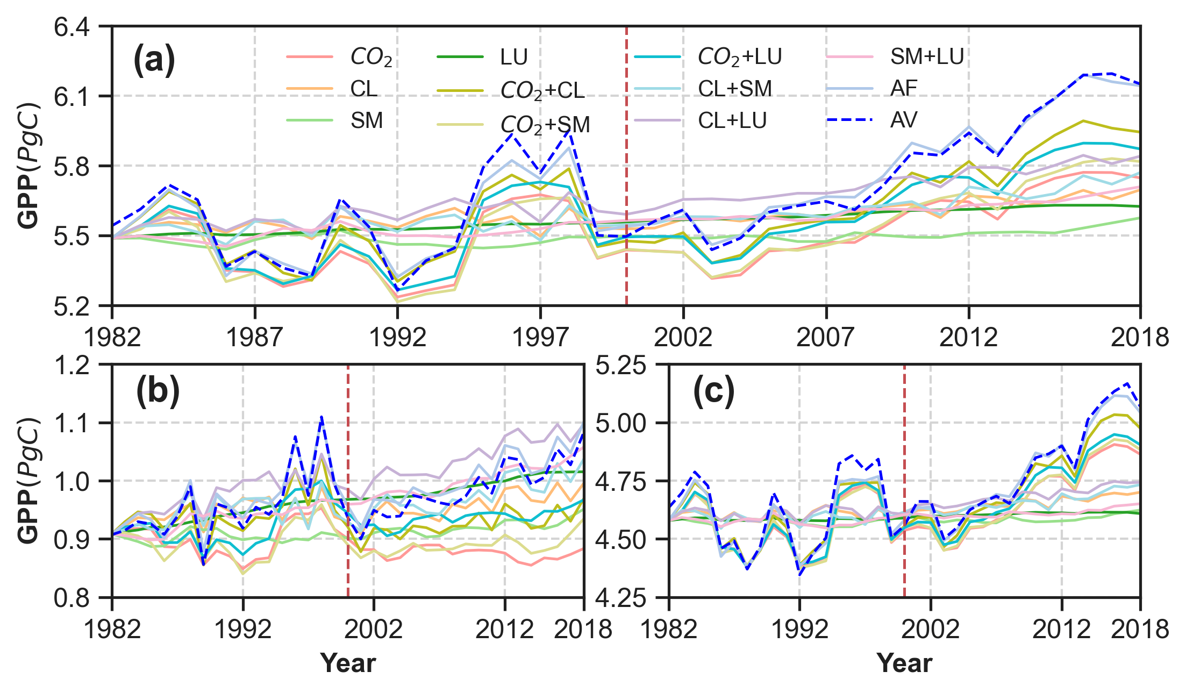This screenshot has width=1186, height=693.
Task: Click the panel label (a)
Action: pyautogui.click(x=154, y=60)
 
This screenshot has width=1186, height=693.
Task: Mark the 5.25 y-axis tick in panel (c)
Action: pyautogui.click(x=627, y=366)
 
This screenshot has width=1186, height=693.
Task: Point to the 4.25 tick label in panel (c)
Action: pyautogui.click(x=627, y=598)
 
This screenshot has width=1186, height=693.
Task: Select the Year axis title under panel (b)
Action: pyautogui.click(x=348, y=663)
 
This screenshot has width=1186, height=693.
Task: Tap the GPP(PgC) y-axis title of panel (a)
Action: pyautogui.click(x=29, y=166)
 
